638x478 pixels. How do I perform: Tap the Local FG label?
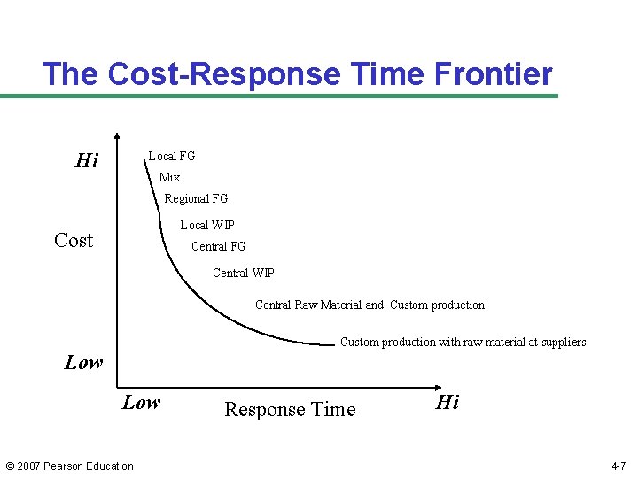(171, 156)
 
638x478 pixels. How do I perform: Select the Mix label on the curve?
(169, 177)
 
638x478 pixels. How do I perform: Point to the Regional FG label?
(196, 198)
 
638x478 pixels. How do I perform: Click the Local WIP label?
(207, 225)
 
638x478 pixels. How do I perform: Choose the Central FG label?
(218, 246)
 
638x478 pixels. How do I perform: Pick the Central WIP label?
(244, 273)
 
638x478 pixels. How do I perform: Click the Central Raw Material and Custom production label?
(370, 305)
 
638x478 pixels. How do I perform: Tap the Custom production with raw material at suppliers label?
(463, 342)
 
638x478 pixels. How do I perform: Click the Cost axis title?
(73, 240)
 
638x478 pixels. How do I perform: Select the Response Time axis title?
(290, 409)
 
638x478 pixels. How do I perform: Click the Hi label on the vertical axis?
(86, 160)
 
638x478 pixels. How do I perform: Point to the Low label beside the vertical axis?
(83, 362)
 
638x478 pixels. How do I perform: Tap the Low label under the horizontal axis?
(141, 403)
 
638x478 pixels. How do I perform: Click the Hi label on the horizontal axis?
(447, 403)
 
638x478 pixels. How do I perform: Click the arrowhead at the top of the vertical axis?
(117, 137)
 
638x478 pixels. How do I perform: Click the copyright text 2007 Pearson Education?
(70, 466)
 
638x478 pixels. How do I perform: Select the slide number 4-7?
(619, 466)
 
